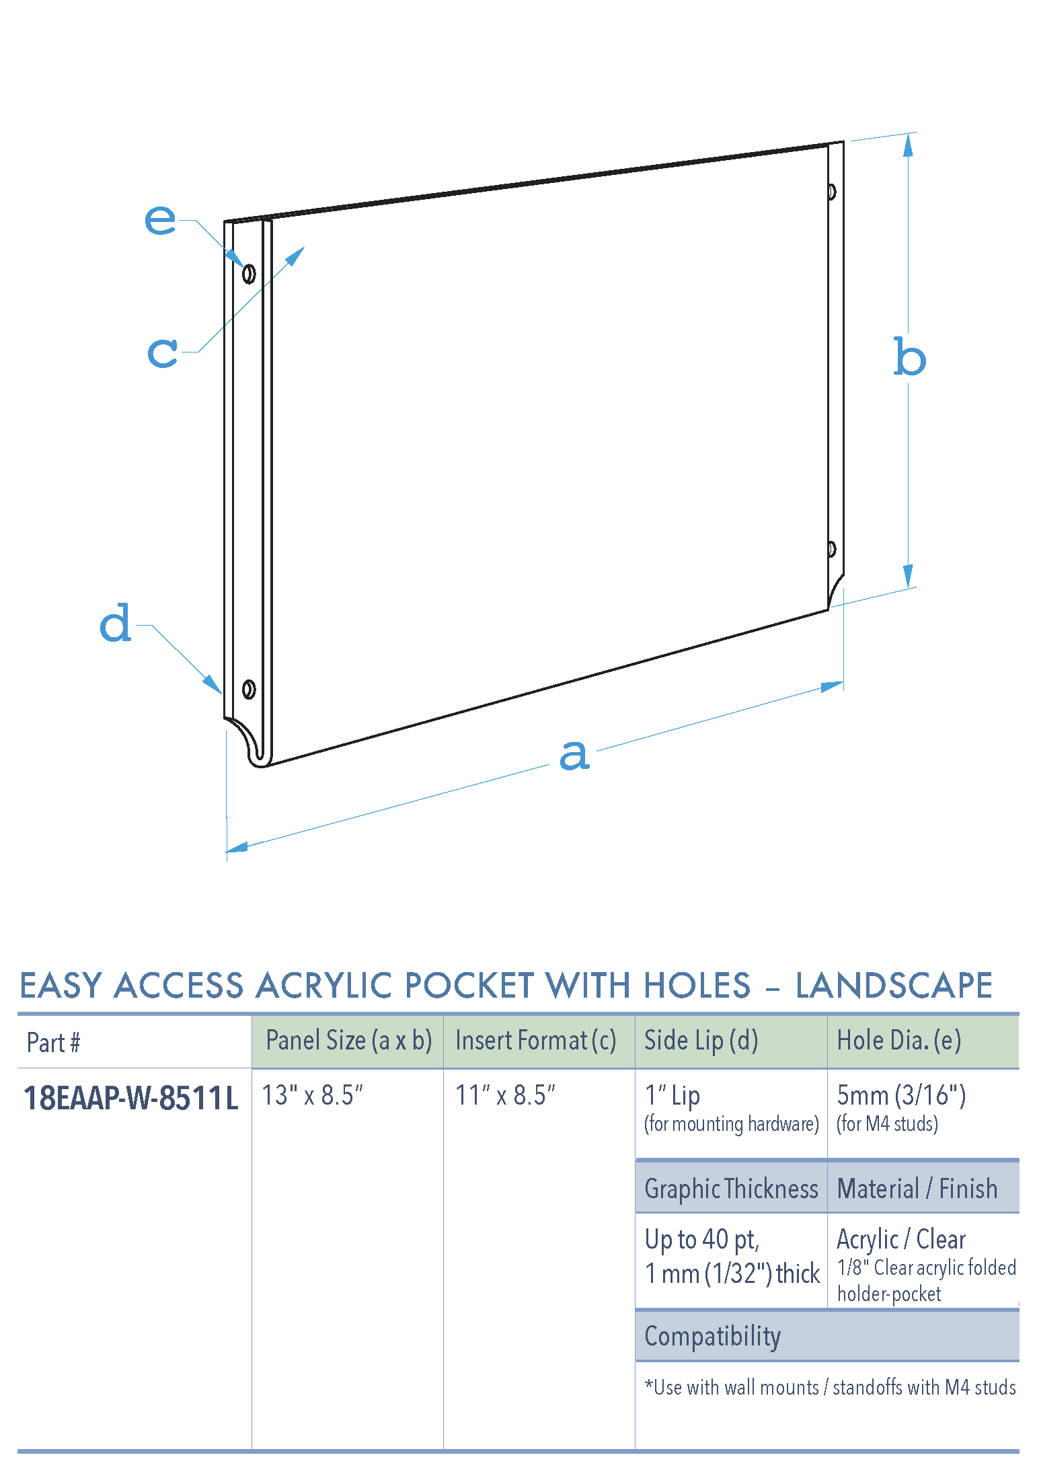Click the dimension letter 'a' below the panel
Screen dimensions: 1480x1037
(x=574, y=755)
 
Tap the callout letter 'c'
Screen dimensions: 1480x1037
(x=163, y=352)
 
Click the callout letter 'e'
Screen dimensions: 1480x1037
(x=160, y=219)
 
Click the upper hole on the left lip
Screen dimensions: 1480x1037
(x=249, y=274)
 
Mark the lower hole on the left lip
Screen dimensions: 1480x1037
(x=248, y=690)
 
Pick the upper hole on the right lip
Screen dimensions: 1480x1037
(x=832, y=192)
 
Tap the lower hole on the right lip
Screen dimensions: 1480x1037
(x=832, y=549)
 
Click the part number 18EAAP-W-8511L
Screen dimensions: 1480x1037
(x=131, y=1099)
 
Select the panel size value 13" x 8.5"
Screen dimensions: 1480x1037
(x=312, y=1096)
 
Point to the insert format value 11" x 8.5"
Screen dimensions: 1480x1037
(x=505, y=1096)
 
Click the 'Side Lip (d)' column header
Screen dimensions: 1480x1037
(x=701, y=1041)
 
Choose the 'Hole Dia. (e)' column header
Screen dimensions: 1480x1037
(x=898, y=1041)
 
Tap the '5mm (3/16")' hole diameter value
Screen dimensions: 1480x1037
(x=901, y=1096)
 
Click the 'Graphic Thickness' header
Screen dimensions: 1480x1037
(x=731, y=1189)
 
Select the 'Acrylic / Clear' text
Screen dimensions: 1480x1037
(x=900, y=1239)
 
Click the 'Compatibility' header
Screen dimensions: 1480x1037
(x=712, y=1336)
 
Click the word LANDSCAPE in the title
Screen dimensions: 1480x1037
(x=894, y=986)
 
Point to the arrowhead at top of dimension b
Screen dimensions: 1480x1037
(x=909, y=144)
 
